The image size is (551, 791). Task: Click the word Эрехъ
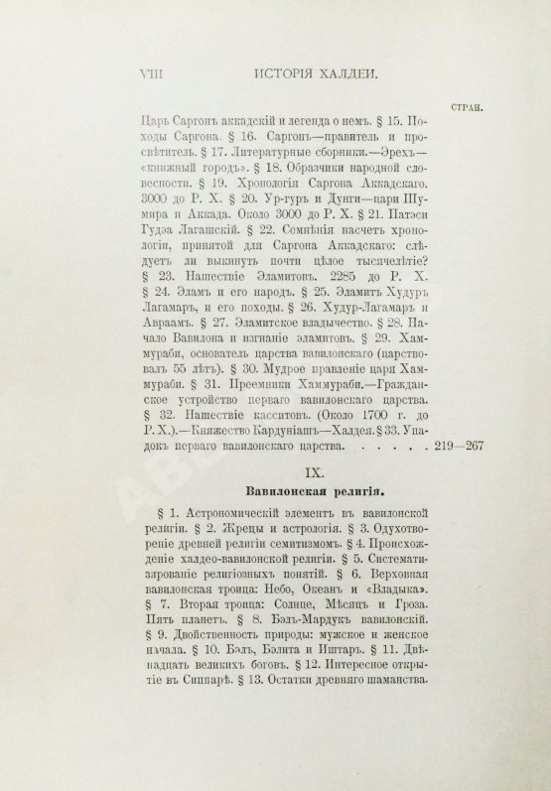384,153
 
